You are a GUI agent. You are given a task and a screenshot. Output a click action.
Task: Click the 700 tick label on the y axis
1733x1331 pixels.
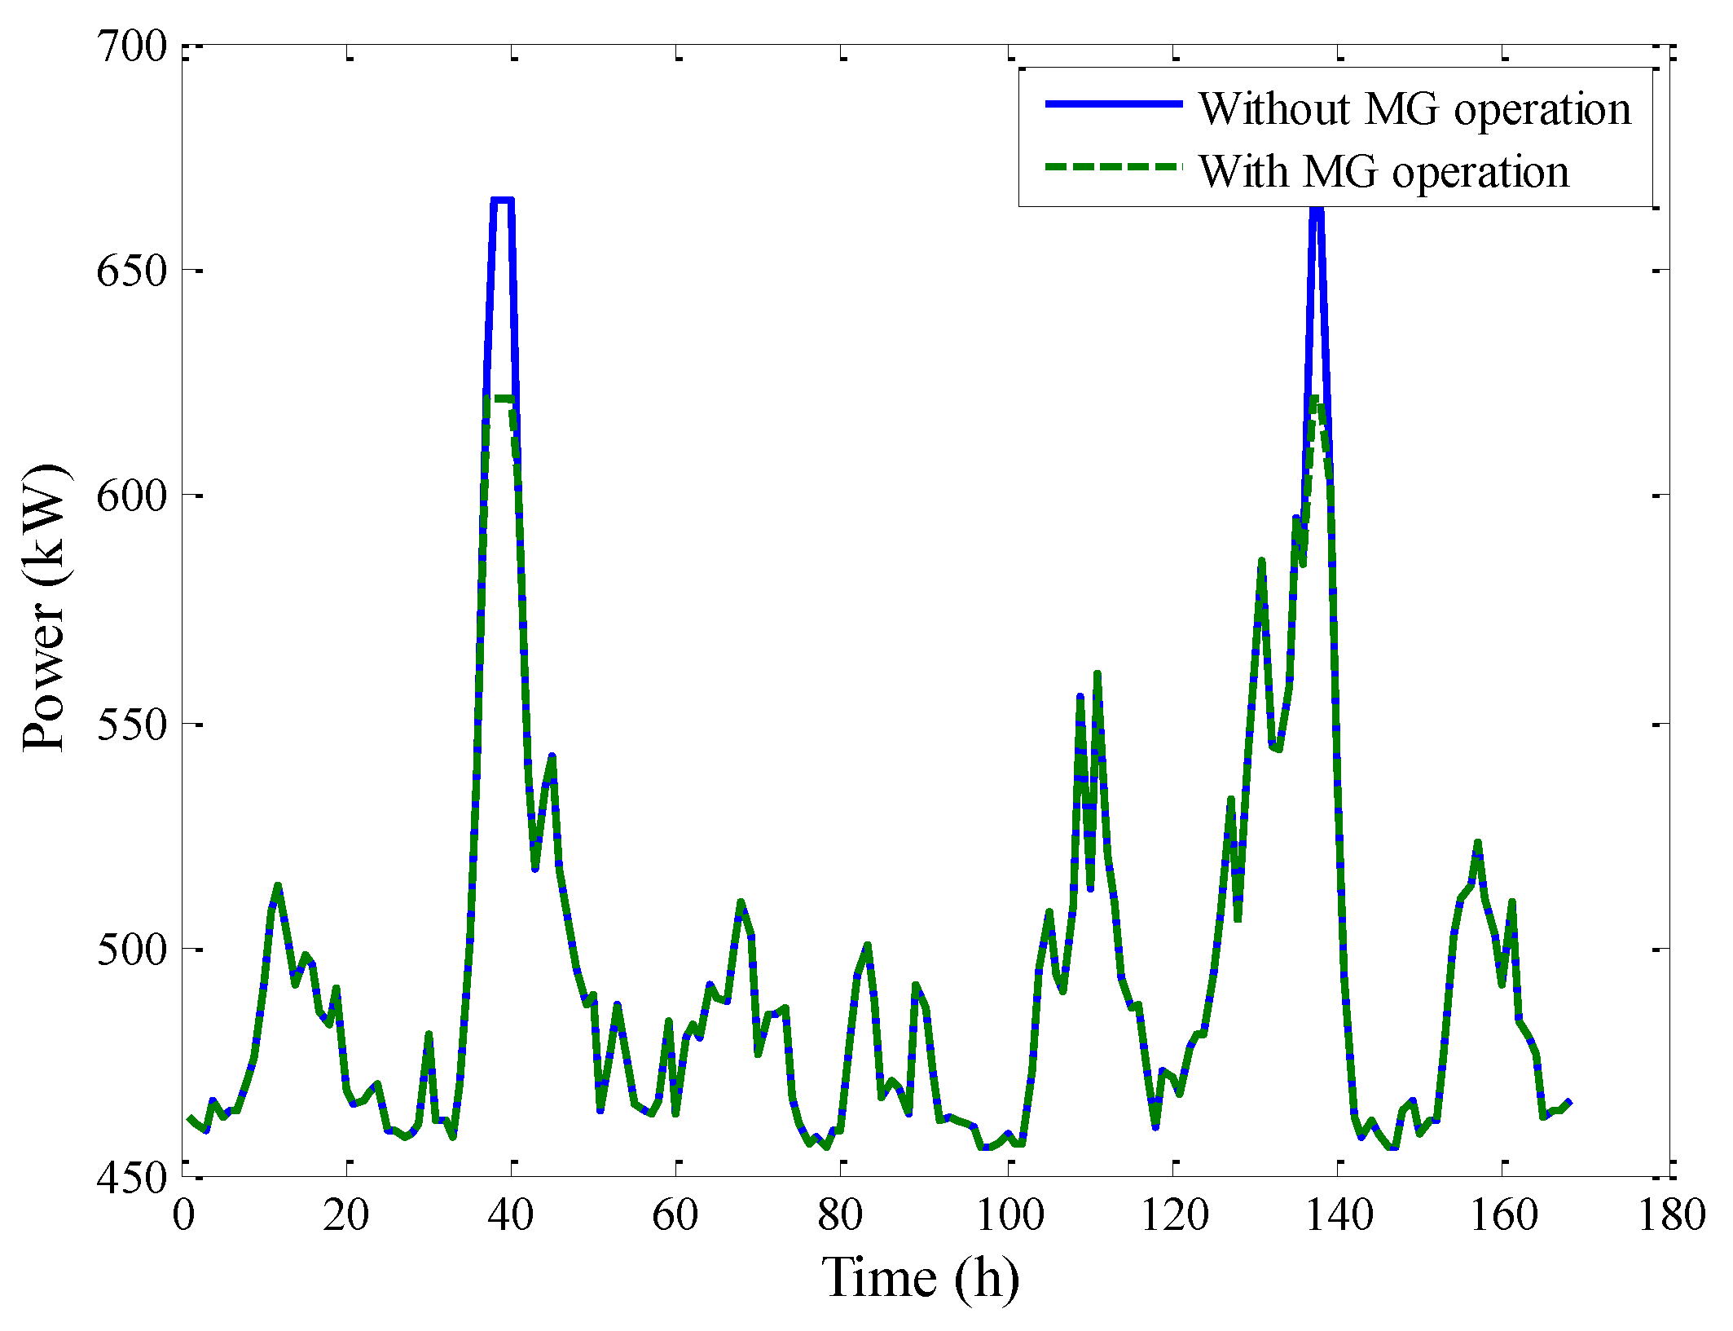131,47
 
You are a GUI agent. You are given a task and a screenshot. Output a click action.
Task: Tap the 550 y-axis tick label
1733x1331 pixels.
131,724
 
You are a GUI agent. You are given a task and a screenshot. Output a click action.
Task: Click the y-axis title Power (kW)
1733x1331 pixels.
45,607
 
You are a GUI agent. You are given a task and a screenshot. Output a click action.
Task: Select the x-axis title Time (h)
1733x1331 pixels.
921,1278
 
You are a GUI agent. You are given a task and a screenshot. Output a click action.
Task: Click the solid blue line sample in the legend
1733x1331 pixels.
1113,104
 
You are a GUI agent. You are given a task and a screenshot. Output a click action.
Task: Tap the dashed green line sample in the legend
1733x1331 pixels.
1113,166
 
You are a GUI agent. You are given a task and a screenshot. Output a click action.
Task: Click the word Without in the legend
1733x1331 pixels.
1274,108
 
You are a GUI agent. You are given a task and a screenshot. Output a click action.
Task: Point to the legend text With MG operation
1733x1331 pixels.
1383,172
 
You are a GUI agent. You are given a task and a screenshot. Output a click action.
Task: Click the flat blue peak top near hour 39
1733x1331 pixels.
503,200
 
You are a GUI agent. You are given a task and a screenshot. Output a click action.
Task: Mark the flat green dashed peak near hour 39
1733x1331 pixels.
503,399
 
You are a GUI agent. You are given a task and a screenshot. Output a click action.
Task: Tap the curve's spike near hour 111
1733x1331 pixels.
1097,674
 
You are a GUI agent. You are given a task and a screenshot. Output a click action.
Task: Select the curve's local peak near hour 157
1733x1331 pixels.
1477,843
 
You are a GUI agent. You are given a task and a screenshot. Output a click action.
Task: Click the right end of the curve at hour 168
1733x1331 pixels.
1569,1103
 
